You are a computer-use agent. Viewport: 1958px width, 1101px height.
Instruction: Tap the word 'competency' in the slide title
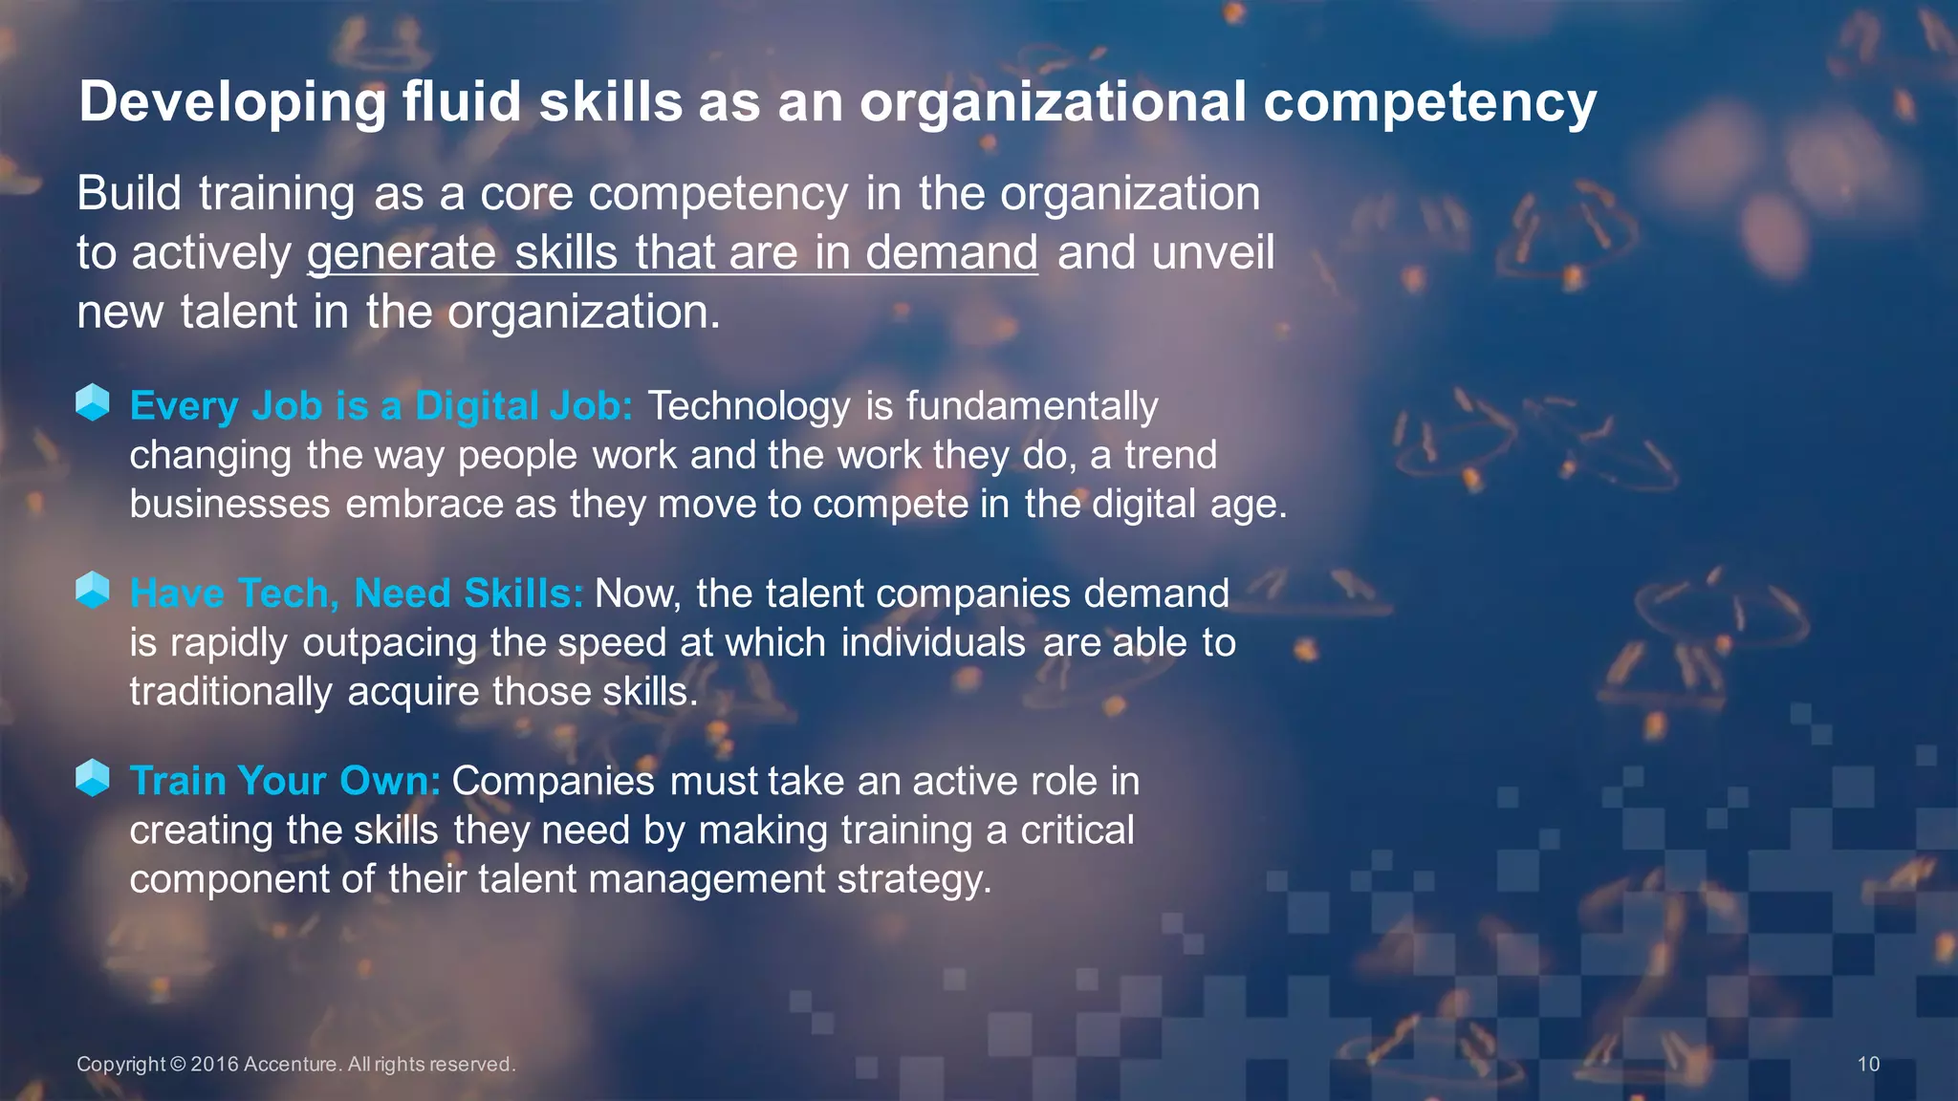1429,103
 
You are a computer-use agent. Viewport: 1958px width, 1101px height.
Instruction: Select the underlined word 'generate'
402,253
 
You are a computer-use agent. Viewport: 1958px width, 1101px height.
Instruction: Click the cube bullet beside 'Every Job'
93,402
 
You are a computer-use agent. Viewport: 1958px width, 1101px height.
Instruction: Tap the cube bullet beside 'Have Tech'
93,590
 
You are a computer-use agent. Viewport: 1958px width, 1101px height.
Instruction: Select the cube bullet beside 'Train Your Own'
93,777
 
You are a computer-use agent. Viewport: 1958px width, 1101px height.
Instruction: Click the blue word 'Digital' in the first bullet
476,406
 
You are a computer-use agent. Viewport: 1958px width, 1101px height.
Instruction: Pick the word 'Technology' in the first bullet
749,407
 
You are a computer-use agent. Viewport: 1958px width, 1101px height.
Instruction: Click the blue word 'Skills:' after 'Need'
523,594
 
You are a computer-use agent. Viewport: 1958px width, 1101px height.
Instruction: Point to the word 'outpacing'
389,643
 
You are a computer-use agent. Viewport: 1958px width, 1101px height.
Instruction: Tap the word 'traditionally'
231,692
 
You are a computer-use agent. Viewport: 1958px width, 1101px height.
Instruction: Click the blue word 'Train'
177,781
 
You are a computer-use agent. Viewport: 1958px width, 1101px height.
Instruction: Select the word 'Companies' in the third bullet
553,781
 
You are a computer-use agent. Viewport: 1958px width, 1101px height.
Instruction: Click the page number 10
1868,1065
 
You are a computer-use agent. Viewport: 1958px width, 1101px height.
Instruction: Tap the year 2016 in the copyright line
214,1065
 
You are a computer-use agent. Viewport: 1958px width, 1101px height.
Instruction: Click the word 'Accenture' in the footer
292,1065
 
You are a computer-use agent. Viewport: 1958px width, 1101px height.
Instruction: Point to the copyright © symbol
178,1065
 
